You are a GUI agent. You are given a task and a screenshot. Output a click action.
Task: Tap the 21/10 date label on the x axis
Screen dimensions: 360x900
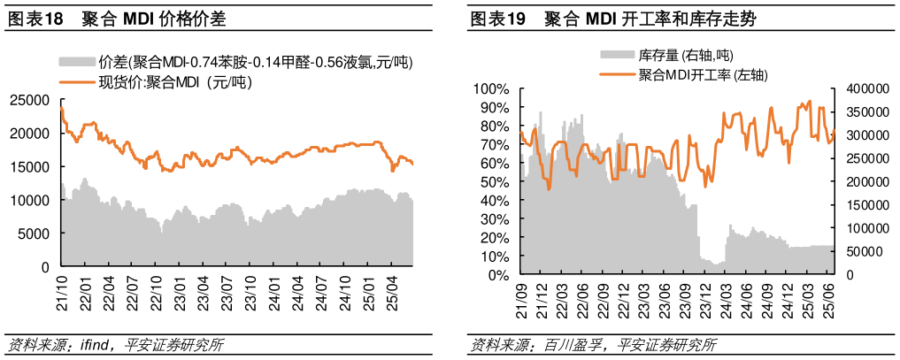62,291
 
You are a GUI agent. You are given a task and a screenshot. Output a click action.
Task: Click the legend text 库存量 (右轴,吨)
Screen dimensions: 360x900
685,56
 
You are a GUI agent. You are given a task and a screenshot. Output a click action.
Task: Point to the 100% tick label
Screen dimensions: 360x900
491,88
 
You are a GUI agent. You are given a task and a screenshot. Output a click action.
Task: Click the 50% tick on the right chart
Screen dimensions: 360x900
495,182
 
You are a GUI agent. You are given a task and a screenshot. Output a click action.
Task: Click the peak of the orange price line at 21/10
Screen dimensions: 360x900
61,108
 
